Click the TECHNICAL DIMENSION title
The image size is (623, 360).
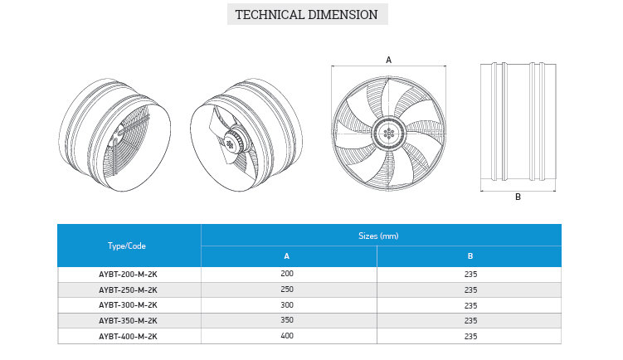(307, 15)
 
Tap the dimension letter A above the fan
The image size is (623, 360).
(388, 60)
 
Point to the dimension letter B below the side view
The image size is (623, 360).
(518, 197)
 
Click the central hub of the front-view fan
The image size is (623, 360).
(389, 134)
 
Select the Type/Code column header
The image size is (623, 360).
(127, 246)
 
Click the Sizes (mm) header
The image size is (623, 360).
(378, 236)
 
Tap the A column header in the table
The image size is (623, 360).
(286, 256)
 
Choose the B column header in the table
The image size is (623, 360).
(470, 256)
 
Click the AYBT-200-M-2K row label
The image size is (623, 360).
(128, 275)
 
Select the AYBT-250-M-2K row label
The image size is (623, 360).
(128, 290)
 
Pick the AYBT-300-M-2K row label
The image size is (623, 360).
(128, 305)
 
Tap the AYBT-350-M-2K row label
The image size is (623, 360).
(128, 321)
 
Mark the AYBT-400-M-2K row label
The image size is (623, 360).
(128, 337)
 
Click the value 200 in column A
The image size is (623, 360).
(287, 274)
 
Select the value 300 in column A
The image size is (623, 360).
(287, 304)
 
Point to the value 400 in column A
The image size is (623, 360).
(287, 336)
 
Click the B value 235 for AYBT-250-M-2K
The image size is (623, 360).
(470, 290)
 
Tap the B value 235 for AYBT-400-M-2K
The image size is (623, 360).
(470, 337)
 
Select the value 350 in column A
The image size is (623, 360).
(287, 320)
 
